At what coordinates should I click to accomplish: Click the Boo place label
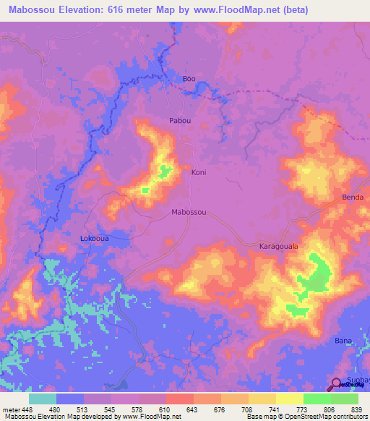[x=189, y=78]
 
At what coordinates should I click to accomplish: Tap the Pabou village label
[x=180, y=121]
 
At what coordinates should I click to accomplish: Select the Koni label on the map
[x=199, y=172]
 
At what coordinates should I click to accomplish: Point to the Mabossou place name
[x=189, y=212]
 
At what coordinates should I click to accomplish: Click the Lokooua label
[x=94, y=237]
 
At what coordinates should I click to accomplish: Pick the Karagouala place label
[x=279, y=247]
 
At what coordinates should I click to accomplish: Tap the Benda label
[x=352, y=197]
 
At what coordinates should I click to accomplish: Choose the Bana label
[x=343, y=340]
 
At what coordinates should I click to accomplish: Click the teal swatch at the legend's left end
[x=43, y=399]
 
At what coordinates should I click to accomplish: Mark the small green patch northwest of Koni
[x=165, y=171]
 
